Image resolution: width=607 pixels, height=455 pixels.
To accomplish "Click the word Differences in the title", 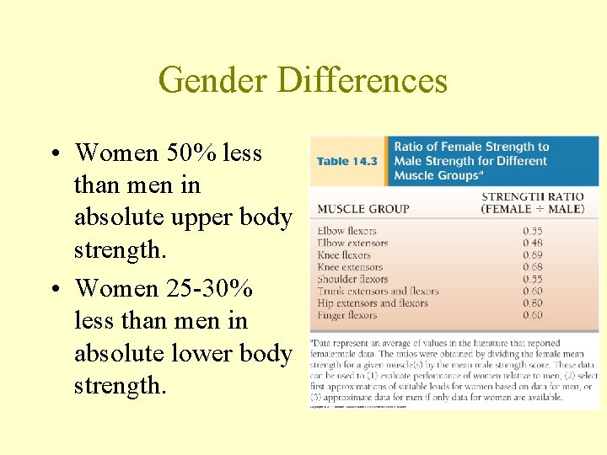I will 362,80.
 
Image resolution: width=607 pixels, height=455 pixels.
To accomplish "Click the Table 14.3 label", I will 346,161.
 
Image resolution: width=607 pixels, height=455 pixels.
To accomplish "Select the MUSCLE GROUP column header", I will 363,209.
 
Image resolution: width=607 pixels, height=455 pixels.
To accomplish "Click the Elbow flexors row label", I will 347,231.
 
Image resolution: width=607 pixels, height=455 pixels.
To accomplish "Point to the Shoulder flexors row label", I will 353,279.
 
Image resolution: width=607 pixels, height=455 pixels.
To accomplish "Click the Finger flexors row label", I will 347,315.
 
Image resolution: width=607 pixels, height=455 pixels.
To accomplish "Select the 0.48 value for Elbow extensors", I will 533,243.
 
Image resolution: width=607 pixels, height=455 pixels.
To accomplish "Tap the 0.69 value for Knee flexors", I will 533,254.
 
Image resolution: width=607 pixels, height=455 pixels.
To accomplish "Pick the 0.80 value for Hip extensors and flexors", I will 533,303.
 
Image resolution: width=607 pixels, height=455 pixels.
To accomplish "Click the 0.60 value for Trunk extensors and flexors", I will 533,291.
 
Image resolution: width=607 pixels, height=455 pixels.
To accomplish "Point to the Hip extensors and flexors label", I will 373,303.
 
